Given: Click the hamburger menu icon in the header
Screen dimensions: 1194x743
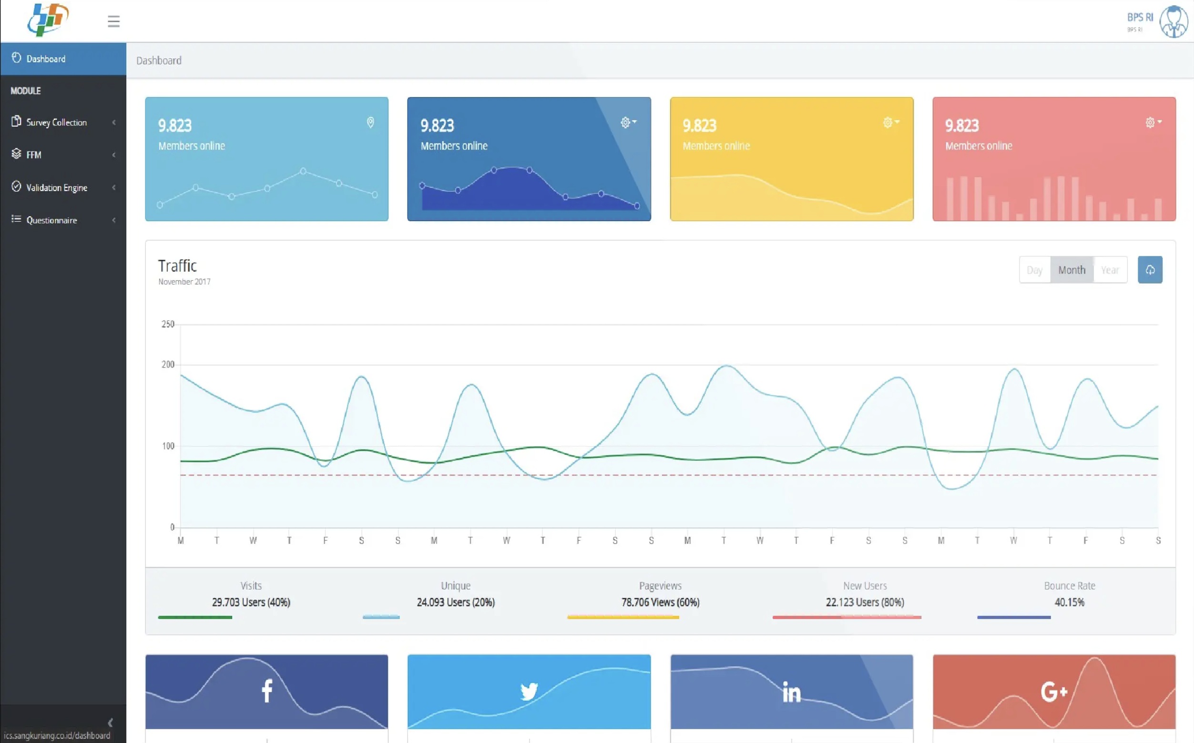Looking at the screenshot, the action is pos(113,21).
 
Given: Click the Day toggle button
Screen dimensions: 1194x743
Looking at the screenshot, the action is pos(1035,270).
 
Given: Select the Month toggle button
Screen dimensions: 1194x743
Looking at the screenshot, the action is pos(1072,270).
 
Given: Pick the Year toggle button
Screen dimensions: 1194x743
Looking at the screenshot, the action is pos(1110,270).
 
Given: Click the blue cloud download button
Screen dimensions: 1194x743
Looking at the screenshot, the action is pos(1150,270).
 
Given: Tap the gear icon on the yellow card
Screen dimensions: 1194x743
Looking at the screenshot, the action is pos(888,122).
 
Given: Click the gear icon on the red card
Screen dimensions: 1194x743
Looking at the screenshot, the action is pos(1150,122).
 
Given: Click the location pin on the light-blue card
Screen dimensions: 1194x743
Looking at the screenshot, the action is pos(370,122).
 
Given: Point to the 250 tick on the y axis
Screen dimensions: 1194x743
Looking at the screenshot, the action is pos(168,325).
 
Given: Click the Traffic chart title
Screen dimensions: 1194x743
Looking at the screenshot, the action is pos(177,266).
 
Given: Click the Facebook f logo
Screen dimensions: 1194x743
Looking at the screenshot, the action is pos(267,691).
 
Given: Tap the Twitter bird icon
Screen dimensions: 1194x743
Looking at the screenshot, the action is pos(529,692).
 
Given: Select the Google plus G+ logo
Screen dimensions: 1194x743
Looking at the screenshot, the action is pos(1054,692).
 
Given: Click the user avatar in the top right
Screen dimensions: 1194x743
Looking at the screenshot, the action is pos(1174,21).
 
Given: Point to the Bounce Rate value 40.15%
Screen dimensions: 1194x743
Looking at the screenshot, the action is pos(1069,602).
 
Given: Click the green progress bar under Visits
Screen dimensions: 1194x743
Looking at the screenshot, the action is pos(195,617).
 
